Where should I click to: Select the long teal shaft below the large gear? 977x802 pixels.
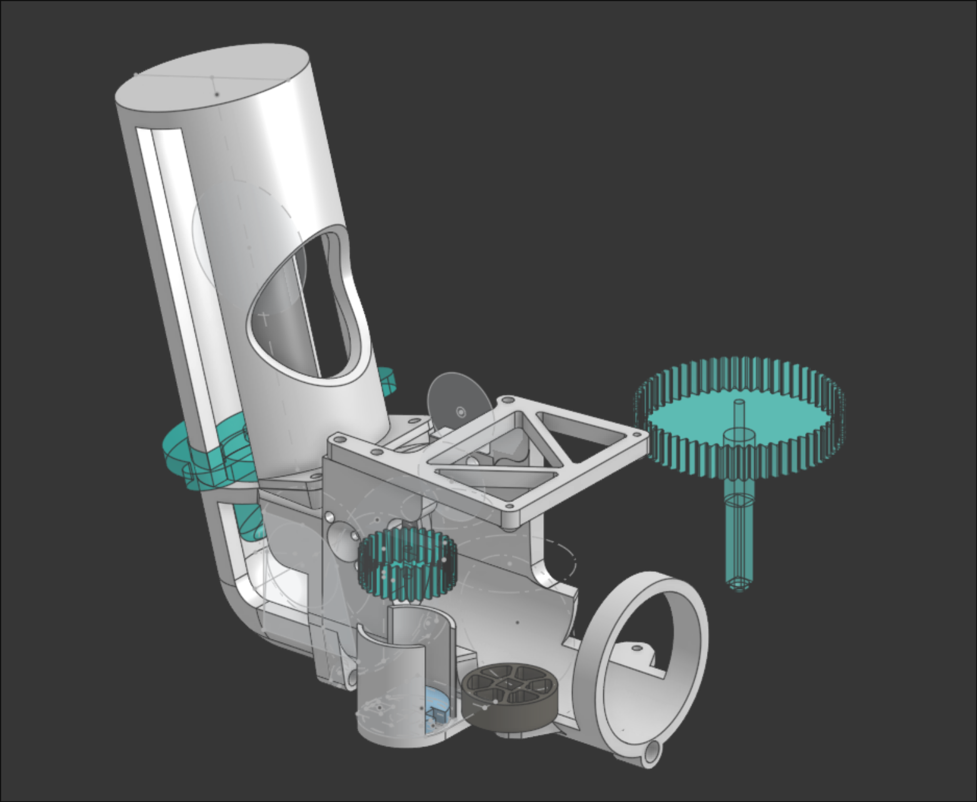click(739, 538)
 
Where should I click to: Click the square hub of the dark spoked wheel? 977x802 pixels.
click(511, 685)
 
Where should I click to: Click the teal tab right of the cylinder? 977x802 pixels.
click(388, 381)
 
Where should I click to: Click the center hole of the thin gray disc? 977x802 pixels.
click(461, 411)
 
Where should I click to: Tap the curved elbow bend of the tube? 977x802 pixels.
click(241, 600)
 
